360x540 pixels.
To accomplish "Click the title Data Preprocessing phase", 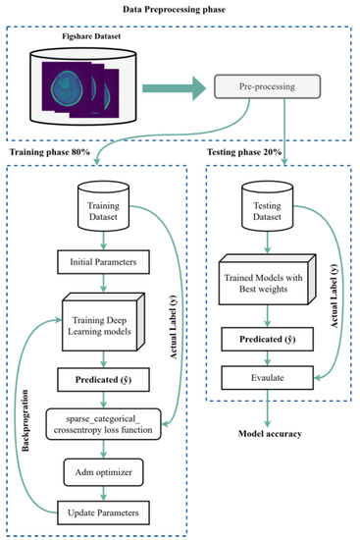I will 180,9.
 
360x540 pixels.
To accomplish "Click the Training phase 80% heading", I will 56,153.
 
